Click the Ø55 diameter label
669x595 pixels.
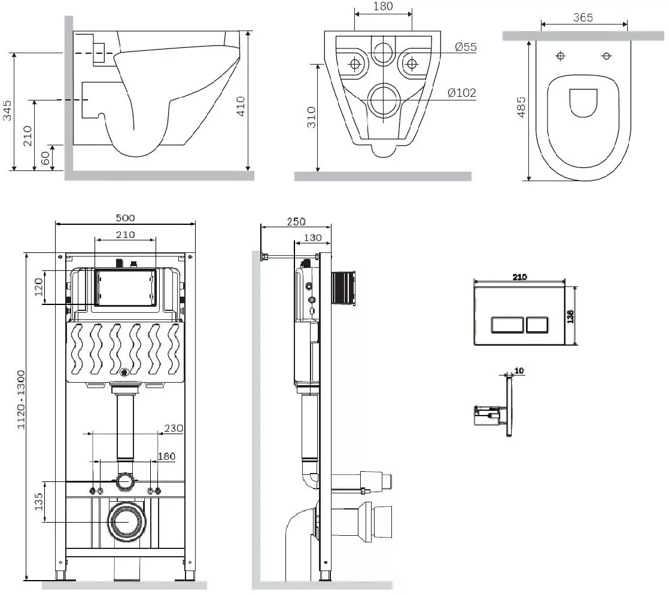pyautogui.click(x=466, y=47)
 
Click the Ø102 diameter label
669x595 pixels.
pyautogui.click(x=461, y=93)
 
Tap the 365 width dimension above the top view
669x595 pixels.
pyautogui.click(x=583, y=17)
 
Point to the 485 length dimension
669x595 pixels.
pyautogui.click(x=521, y=107)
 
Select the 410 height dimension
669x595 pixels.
pyautogui.click(x=241, y=106)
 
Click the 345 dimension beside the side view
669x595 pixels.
pyautogui.click(x=7, y=111)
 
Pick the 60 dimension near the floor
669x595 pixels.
pyautogui.click(x=45, y=158)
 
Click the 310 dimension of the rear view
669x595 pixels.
pyautogui.click(x=311, y=117)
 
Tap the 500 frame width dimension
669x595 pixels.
pyautogui.click(x=126, y=218)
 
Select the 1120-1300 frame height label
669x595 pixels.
pyautogui.click(x=20, y=399)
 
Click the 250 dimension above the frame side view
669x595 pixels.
pyautogui.click(x=296, y=222)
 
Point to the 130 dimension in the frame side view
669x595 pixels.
pyautogui.click(x=313, y=237)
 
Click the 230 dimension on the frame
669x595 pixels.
pyautogui.click(x=174, y=428)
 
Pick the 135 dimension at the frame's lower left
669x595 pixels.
pyautogui.click(x=39, y=502)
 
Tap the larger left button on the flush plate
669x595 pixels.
pyautogui.click(x=507, y=325)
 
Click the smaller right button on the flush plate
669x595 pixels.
pyautogui.click(x=537, y=325)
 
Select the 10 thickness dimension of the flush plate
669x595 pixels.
pyautogui.click(x=519, y=371)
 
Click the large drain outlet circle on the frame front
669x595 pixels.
pyautogui.click(x=127, y=521)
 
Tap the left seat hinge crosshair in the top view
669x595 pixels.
pyautogui.click(x=561, y=56)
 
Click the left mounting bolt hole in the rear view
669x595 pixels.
pyautogui.click(x=355, y=64)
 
